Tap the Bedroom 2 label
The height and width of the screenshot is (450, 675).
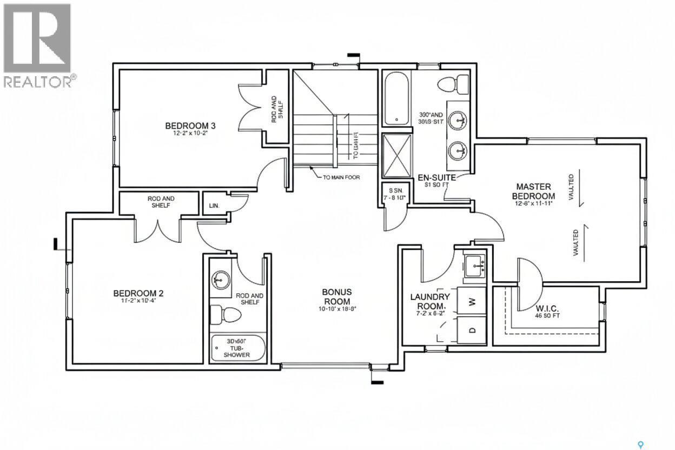138,293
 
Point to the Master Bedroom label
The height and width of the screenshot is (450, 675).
534,191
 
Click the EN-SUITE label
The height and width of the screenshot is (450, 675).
436,177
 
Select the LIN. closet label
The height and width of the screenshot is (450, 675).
214,206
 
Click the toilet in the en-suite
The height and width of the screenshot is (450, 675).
453,84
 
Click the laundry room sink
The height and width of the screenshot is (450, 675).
475,265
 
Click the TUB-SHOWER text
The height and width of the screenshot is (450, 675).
238,351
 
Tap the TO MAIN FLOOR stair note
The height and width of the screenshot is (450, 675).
341,177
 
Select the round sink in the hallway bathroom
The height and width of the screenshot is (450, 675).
220,279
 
